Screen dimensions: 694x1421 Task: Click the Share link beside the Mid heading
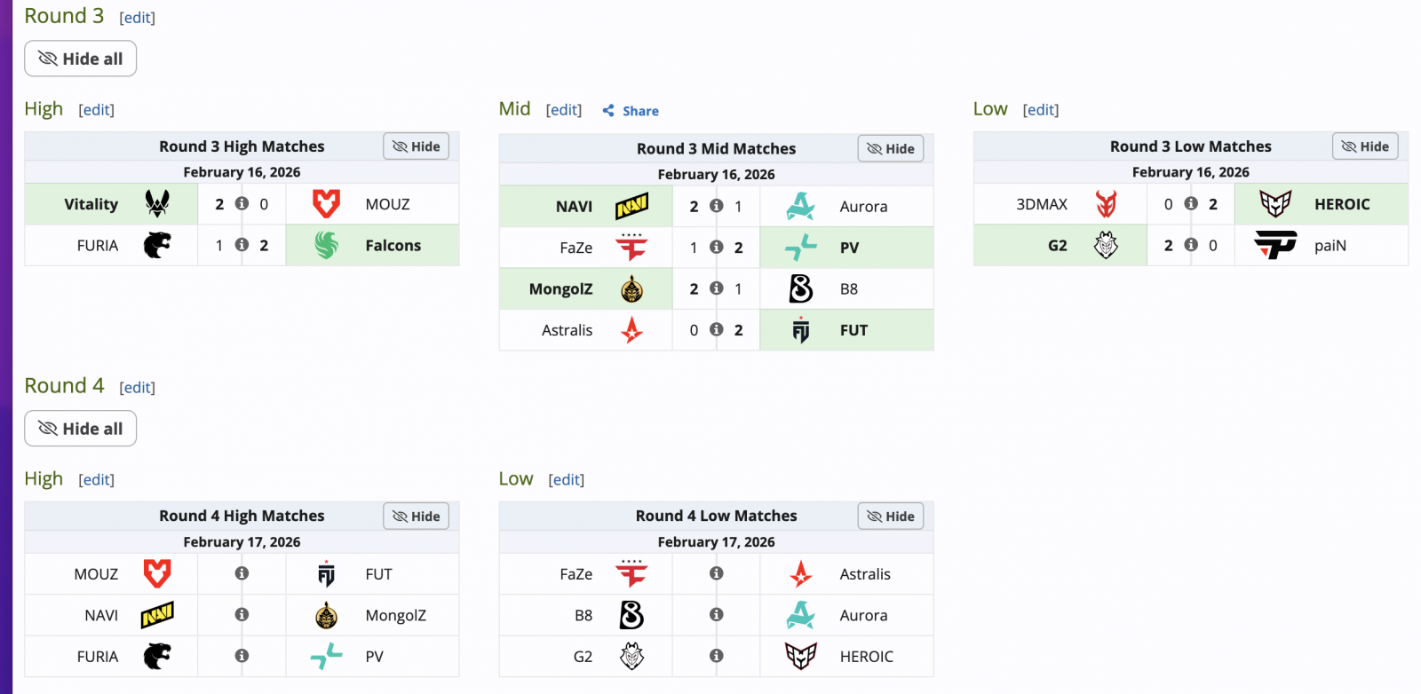tap(631, 111)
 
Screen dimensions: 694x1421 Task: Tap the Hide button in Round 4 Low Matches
tap(890, 517)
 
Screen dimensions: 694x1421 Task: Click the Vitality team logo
tap(157, 204)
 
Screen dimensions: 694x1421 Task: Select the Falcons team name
tap(393, 246)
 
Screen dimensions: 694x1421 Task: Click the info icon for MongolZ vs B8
tap(716, 288)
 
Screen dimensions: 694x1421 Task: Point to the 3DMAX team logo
tap(1106, 204)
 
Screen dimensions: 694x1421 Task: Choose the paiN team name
tap(1330, 246)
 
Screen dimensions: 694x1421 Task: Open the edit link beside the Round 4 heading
tap(137, 388)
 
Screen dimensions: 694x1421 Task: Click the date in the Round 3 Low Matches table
tap(1190, 172)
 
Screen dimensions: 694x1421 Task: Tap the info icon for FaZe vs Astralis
tap(716, 574)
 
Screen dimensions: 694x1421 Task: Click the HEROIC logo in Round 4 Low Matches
tap(800, 657)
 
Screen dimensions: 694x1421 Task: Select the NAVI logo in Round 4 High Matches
tap(157, 615)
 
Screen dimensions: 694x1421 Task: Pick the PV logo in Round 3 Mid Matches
tap(800, 248)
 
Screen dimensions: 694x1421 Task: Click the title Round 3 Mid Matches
tap(716, 149)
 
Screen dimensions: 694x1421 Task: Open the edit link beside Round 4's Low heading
tap(566, 480)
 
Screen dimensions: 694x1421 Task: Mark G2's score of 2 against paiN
tap(1168, 246)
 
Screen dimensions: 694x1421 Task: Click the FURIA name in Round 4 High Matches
tap(98, 657)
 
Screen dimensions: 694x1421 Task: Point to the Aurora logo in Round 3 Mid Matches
tap(800, 207)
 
